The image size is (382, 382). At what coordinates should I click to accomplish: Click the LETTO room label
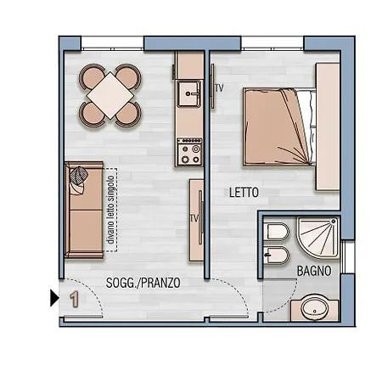tap(244, 193)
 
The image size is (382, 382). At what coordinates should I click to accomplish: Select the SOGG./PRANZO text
tap(143, 283)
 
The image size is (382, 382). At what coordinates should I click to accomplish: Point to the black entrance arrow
tap(54, 297)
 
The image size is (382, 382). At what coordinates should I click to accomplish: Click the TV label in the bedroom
tap(218, 88)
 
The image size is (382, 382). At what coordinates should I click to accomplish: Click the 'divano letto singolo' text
tap(110, 209)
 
